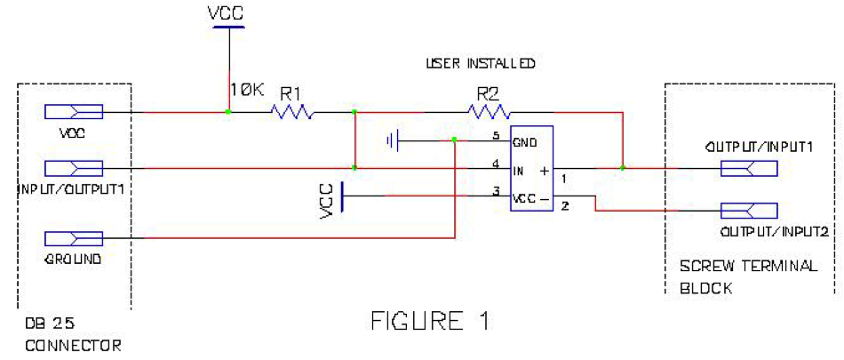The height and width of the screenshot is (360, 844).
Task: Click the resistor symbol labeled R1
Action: click(293, 112)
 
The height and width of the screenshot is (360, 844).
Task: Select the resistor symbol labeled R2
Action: click(490, 112)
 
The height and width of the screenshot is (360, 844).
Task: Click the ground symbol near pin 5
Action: click(394, 140)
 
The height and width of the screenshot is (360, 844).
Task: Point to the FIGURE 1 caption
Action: click(429, 321)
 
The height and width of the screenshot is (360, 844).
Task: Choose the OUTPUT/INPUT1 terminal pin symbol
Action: click(750, 167)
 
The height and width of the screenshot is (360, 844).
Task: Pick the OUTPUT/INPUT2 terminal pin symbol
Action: click(750, 211)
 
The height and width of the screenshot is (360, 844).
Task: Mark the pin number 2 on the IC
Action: click(564, 206)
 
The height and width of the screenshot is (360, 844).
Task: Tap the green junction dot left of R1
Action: click(229, 112)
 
